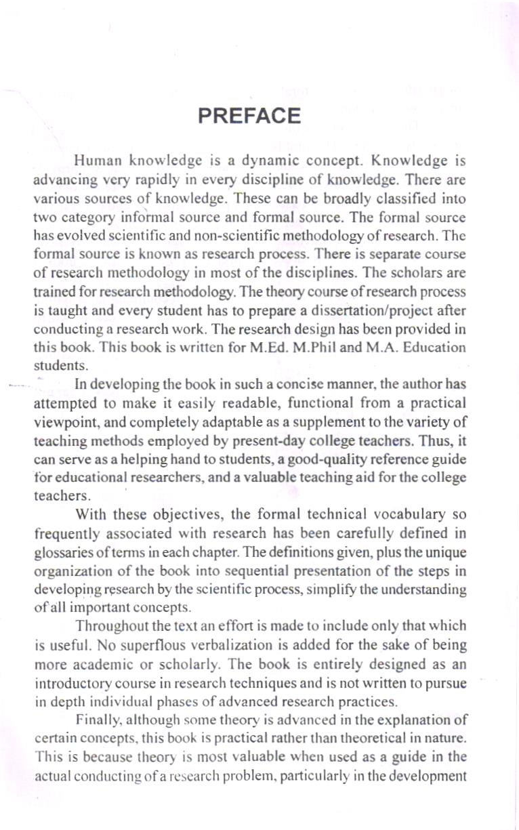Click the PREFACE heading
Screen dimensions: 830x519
pos(249,116)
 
